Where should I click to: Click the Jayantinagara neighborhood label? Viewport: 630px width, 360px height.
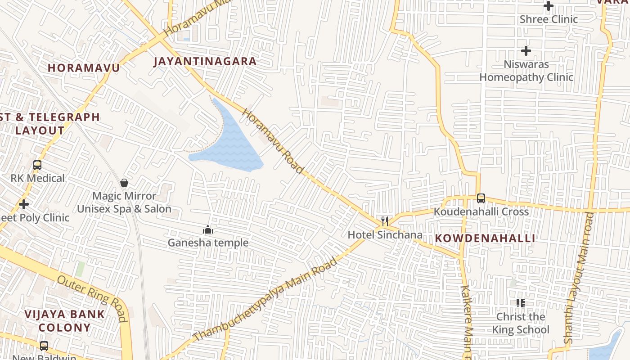pos(205,61)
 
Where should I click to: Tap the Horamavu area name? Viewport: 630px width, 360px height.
pos(84,68)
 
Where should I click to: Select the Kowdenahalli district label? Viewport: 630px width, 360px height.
pos(485,238)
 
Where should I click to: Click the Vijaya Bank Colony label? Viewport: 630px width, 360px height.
pos(64,321)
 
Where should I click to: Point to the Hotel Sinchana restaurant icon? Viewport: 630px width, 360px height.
pos(385,221)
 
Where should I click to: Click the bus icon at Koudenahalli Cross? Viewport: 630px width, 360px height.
pos(481,198)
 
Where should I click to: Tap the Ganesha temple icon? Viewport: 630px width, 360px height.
pos(208,230)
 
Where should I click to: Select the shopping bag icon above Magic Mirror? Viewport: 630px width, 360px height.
pos(124,183)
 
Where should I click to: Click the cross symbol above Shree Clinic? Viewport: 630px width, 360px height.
pos(548,6)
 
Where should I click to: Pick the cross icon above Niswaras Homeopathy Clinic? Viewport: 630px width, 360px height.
pos(526,51)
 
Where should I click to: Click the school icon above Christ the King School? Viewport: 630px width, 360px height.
pos(521,303)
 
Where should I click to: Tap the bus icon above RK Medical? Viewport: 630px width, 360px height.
pos(37,165)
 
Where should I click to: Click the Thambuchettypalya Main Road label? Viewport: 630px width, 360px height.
pos(265,299)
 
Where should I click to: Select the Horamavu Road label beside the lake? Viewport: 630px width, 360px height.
pos(273,141)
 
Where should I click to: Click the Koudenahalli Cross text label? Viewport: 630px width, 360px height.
pos(481,211)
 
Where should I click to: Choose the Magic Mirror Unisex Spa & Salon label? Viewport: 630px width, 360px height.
pos(124,202)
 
